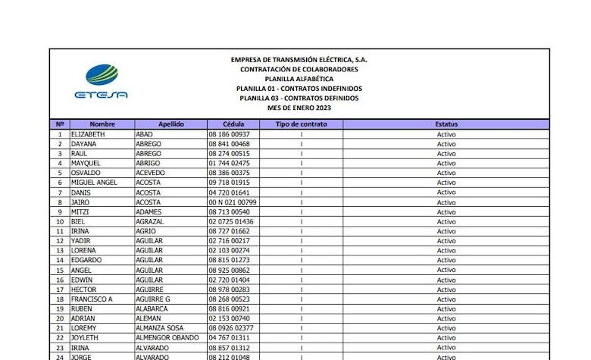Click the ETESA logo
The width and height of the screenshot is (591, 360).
point(101,82)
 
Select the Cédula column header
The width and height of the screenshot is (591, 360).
point(234,124)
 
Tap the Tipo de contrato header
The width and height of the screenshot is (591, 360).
point(302,124)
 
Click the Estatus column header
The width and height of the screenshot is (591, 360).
point(446,124)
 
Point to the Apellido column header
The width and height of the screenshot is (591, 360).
point(171,124)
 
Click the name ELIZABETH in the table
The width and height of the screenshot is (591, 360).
point(88,134)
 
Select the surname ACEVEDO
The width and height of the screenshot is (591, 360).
point(151,173)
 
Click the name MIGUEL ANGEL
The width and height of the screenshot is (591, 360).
point(94,183)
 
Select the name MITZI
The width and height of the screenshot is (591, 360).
point(80,212)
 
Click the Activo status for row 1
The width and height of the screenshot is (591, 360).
point(446,134)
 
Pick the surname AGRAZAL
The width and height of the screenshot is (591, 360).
point(152,221)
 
